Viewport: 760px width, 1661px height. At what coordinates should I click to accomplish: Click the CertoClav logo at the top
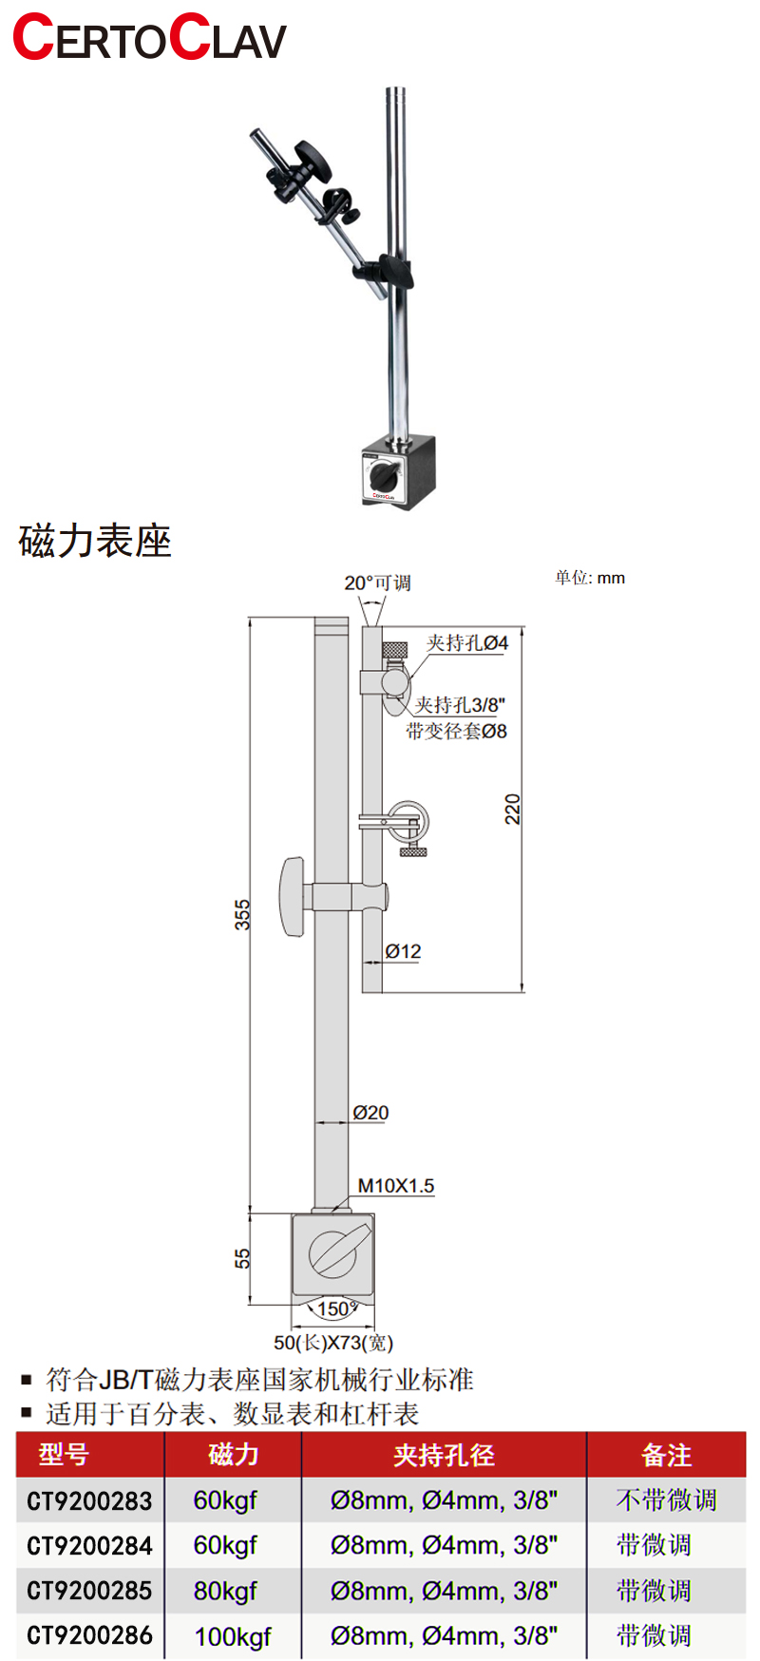(x=149, y=38)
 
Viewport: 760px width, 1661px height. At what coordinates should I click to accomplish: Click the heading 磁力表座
(x=95, y=542)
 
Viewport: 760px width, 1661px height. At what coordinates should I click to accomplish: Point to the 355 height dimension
(x=243, y=914)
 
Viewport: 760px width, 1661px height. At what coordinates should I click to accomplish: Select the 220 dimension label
(x=513, y=809)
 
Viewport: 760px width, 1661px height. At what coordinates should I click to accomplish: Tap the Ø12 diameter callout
(x=403, y=951)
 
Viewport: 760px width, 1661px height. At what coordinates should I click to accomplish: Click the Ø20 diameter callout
(x=370, y=1113)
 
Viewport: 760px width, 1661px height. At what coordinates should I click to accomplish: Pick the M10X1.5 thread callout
(x=395, y=1186)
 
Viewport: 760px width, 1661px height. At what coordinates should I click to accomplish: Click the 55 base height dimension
(x=243, y=1259)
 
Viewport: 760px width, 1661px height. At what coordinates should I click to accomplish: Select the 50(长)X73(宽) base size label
(x=332, y=1343)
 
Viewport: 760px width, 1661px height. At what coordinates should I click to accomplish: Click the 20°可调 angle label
(x=377, y=582)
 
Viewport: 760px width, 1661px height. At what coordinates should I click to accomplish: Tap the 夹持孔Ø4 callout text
(x=466, y=643)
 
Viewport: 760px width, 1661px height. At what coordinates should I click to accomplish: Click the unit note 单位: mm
(x=590, y=578)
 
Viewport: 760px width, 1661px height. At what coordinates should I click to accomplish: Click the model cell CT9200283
(x=89, y=1501)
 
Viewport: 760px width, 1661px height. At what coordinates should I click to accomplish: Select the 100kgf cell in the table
(x=233, y=1636)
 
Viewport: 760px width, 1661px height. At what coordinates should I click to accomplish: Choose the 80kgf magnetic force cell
(x=225, y=1591)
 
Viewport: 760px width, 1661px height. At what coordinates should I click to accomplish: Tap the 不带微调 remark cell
(x=666, y=1500)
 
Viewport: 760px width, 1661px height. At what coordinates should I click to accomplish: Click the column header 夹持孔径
(x=444, y=1455)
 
